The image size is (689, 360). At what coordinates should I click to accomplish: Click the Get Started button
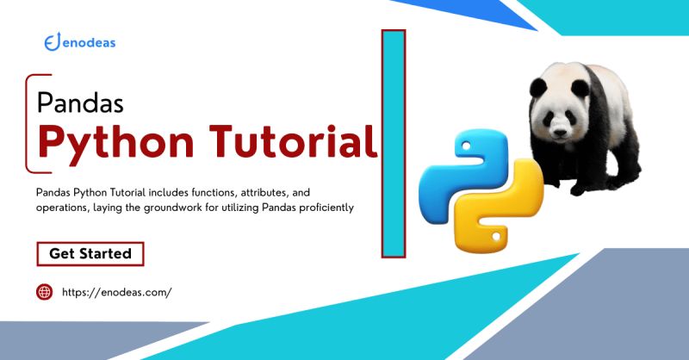click(x=90, y=254)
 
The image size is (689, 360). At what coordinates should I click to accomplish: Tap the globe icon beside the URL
click(x=44, y=292)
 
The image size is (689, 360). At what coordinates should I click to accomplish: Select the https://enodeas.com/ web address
click(x=117, y=292)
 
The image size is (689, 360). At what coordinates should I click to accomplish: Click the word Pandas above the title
click(x=81, y=103)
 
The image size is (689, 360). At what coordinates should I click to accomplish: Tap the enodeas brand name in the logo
click(x=90, y=43)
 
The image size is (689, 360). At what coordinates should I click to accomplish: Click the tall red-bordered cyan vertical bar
click(x=394, y=143)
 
